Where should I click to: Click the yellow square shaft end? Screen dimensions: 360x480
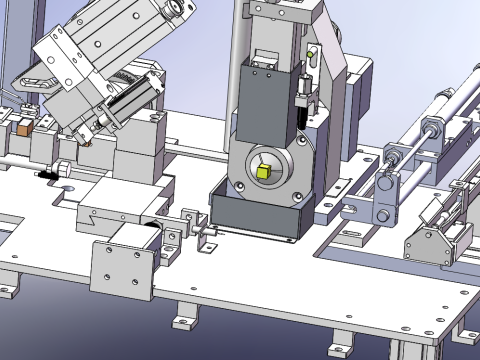264,172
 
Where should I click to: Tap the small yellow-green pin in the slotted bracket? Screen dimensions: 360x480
311,54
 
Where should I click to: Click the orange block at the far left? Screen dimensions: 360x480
21,128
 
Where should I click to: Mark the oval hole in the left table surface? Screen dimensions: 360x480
67,189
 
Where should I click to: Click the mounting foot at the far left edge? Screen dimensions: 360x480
7,284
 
